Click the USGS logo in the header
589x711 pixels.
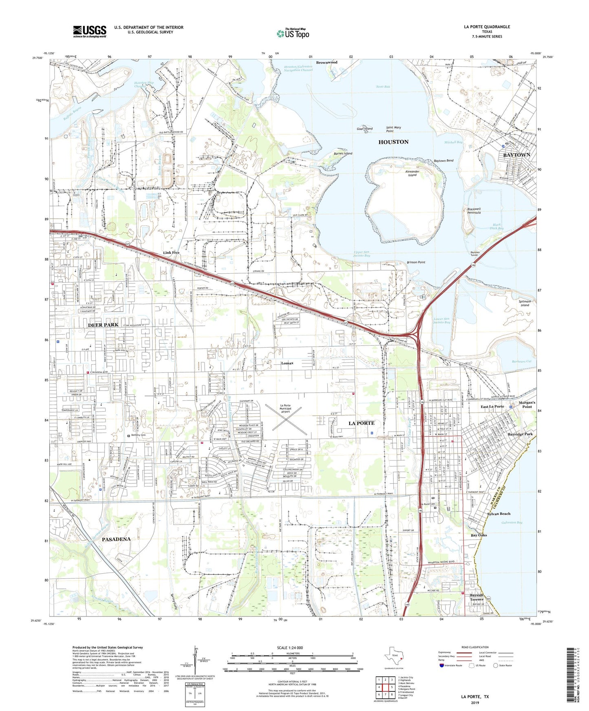(90, 31)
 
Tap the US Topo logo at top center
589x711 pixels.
(292, 33)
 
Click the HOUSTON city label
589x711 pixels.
(393, 142)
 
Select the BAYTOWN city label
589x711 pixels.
(516, 155)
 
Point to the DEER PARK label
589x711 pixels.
(103, 325)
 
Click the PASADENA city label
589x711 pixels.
(116, 539)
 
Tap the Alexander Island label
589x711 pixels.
(412, 173)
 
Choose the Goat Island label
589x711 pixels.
(364, 129)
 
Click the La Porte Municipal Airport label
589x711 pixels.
(285, 408)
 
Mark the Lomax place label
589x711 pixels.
(287, 363)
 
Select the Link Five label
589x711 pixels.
(171, 252)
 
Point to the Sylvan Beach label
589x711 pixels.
(499, 514)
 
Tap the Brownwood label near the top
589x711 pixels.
(326, 62)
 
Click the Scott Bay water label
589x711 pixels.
(383, 87)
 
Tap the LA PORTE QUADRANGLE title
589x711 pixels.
(487, 27)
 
